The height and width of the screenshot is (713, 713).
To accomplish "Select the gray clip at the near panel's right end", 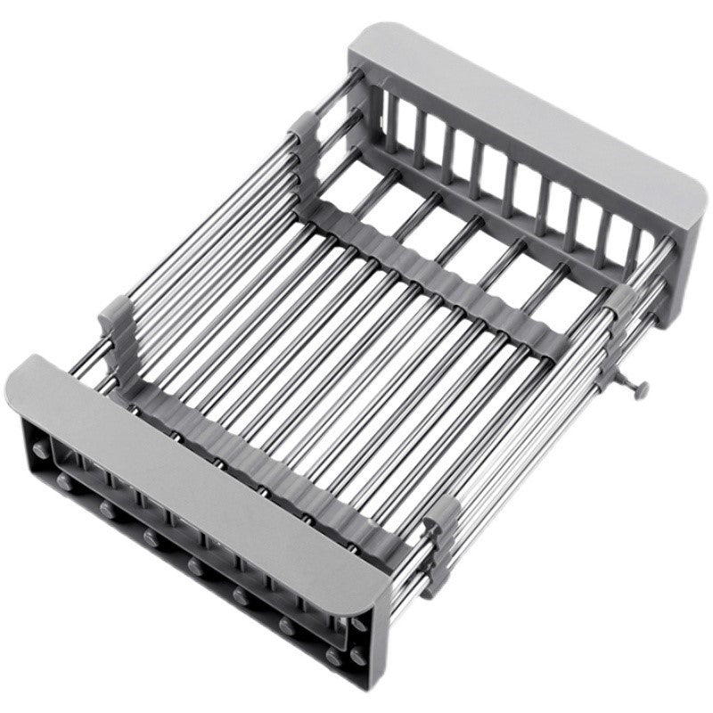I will click(x=441, y=544).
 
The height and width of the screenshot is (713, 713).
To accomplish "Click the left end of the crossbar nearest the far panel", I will click(x=316, y=209).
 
